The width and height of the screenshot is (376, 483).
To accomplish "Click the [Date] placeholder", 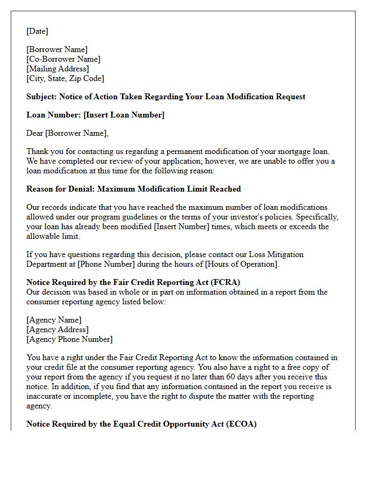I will click(x=37, y=31).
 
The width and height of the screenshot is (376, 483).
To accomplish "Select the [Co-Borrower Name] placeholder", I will click(x=63, y=60).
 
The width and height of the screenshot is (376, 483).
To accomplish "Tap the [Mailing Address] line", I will click(x=57, y=69).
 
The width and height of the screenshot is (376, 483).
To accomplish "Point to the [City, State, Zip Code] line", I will click(x=65, y=79).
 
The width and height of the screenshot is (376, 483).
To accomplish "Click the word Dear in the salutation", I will click(x=35, y=133).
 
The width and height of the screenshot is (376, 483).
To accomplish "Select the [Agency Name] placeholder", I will click(x=54, y=320).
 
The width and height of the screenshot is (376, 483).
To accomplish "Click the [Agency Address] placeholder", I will click(x=57, y=330).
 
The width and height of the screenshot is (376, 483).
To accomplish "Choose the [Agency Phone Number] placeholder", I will click(x=69, y=339).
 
